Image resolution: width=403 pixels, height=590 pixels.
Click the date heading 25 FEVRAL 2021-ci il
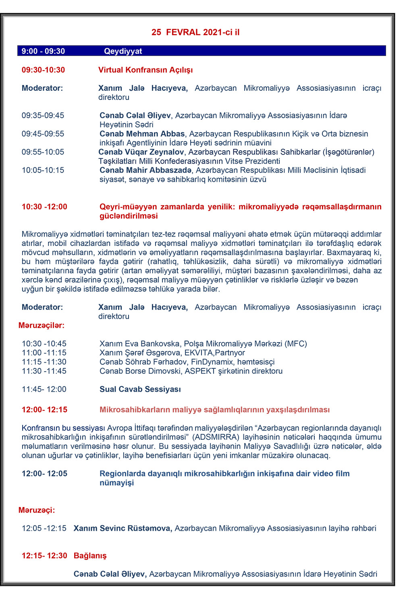point(195,32)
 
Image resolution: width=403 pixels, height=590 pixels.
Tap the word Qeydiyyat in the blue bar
point(123,51)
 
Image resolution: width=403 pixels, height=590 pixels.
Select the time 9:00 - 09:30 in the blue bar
point(43,51)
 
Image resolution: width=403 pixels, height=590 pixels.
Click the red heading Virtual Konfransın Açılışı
point(145,70)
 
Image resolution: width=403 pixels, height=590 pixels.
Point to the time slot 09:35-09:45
point(43,115)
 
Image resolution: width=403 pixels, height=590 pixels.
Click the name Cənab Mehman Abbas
point(142,133)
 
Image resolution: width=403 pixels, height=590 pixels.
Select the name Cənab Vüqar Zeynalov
point(141,152)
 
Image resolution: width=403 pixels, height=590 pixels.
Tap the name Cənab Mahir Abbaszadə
point(146,170)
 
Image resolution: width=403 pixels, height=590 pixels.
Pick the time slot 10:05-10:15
point(43,170)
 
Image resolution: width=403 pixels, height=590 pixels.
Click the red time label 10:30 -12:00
point(44,207)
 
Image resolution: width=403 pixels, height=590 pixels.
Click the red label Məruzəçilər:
point(41,325)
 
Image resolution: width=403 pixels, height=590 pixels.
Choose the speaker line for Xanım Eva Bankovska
point(203,344)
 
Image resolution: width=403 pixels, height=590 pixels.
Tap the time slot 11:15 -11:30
point(44,362)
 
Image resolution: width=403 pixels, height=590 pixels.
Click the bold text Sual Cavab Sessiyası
point(140,389)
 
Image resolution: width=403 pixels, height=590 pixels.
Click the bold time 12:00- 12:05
point(44,474)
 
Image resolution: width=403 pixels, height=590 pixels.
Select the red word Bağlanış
point(90,556)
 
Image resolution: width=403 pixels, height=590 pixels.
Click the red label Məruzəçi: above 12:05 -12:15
point(37,510)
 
